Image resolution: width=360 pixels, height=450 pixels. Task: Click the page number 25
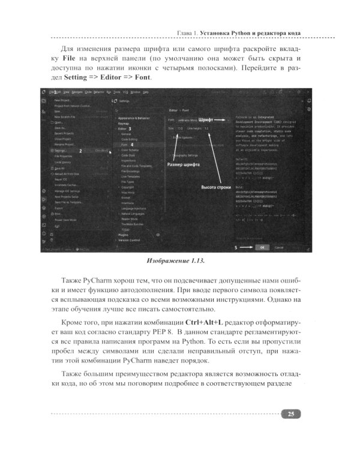290,413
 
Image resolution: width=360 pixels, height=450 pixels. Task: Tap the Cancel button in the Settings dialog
280,247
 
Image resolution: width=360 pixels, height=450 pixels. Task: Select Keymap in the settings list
125,123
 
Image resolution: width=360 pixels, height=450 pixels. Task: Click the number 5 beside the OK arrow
236,247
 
